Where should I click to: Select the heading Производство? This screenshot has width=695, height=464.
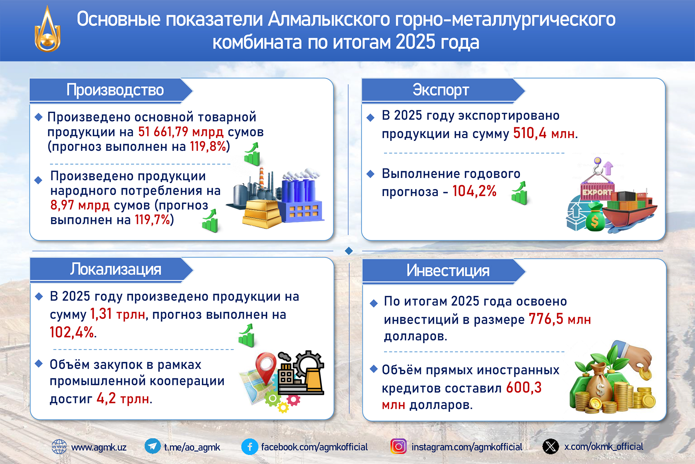tap(115, 90)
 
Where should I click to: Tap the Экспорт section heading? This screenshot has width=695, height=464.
tap(441, 90)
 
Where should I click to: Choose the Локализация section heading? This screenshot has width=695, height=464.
tap(116, 269)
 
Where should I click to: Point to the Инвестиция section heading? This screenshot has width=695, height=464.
tap(448, 270)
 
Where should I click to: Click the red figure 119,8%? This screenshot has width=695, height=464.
tap(208, 147)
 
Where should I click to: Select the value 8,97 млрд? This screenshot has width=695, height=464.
tap(80, 205)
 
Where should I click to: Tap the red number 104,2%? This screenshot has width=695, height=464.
tap(474, 191)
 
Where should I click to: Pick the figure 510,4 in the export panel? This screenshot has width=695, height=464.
tap(530, 133)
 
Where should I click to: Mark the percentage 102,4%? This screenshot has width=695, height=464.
tap(72, 332)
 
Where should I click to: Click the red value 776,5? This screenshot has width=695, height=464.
tap(546, 319)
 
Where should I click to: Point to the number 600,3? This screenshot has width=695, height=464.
tap(524, 387)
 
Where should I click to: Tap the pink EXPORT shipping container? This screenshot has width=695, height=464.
tap(597, 192)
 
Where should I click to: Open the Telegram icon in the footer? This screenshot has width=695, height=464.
tap(153, 446)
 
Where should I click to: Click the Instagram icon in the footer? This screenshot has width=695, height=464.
tap(399, 446)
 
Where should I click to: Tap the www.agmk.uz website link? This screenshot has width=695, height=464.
tap(99, 447)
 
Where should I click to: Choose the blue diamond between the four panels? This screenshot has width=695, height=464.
tap(349, 251)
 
